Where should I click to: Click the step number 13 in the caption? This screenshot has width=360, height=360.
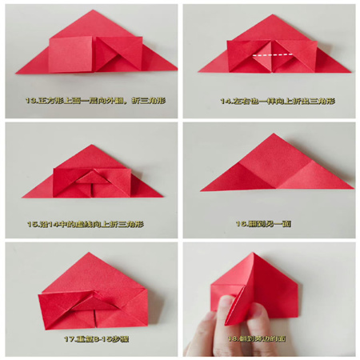click(31, 102)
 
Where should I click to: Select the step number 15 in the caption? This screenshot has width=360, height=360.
click(32, 223)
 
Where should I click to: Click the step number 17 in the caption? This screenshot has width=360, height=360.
click(70, 338)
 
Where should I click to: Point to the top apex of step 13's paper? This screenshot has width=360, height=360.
click(96, 10)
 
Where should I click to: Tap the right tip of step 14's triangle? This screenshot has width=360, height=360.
click(350, 72)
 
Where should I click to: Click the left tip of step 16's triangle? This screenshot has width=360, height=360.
click(201, 191)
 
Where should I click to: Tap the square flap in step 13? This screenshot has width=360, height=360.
click(71, 53)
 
